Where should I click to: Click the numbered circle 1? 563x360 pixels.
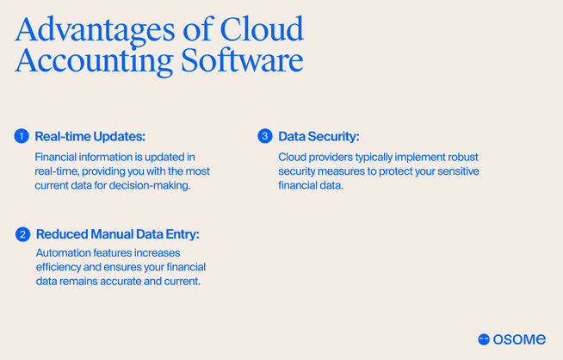22,136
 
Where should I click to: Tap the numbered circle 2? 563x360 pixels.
22,234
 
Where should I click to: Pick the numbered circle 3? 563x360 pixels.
264,136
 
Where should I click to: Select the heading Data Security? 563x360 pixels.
319,136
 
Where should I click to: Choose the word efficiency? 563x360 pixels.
59,268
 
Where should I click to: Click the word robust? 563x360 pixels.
459,157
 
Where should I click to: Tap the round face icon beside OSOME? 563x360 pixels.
484,338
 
